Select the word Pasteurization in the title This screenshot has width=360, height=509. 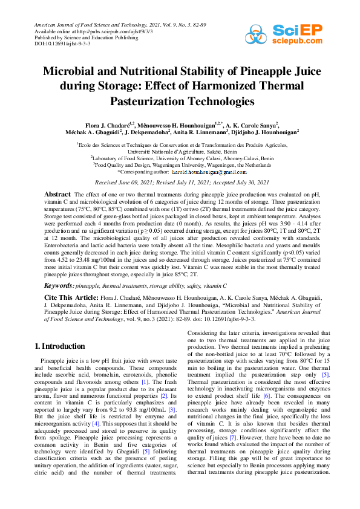click(147, 101)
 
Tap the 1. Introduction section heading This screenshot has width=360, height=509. click(59, 346)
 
